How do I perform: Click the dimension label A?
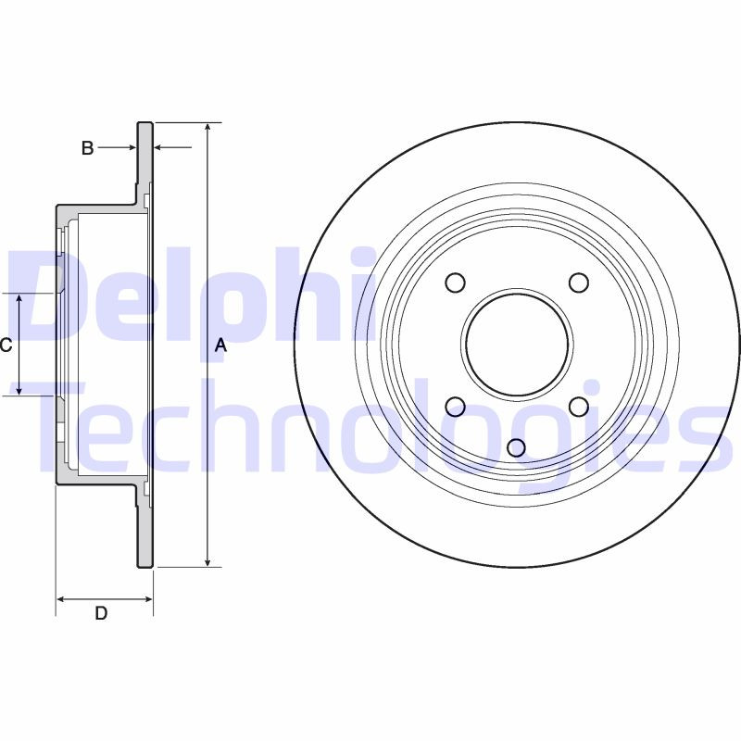click(x=220, y=345)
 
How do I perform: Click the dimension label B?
click(x=87, y=147)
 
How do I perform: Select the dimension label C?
click(x=6, y=345)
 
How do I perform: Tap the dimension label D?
click(x=101, y=613)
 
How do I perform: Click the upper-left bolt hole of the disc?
click(x=455, y=283)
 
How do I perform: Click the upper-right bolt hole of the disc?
click(x=579, y=283)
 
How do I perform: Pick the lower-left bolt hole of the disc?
click(x=455, y=406)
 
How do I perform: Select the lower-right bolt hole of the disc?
click(x=579, y=406)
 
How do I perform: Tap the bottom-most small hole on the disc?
click(x=517, y=448)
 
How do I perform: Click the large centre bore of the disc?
click(x=517, y=344)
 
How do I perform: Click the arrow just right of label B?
click(x=130, y=147)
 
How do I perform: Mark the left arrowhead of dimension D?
click(x=62, y=599)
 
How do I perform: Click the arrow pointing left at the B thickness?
click(x=159, y=147)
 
